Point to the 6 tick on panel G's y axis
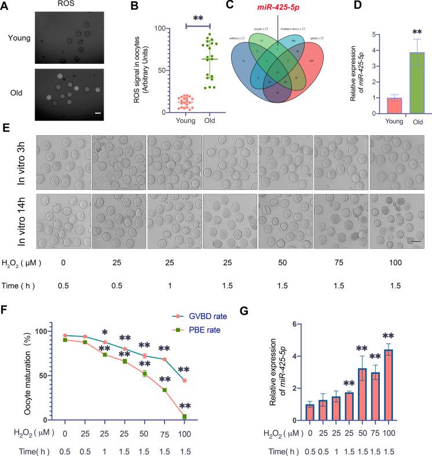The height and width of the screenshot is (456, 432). (296, 324)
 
